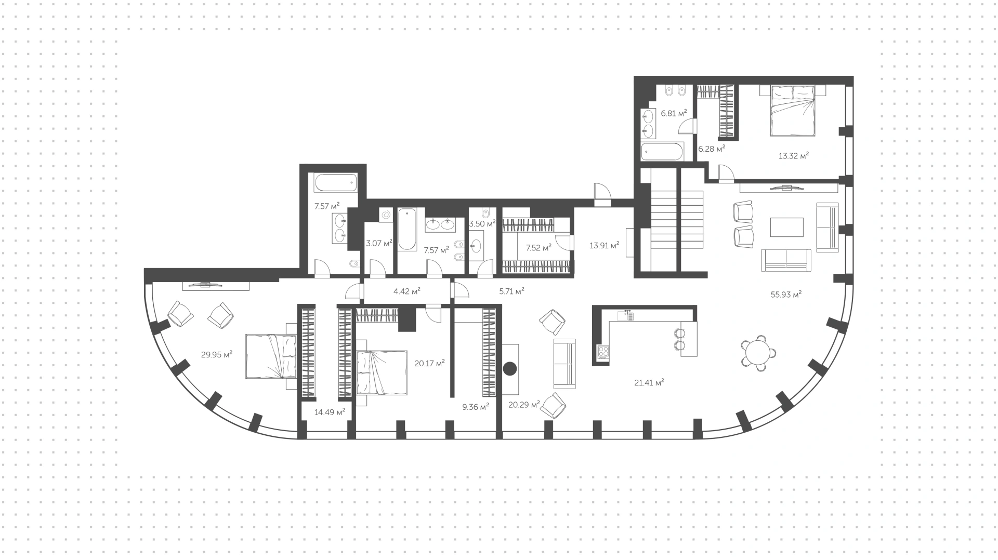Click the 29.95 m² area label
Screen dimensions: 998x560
point(216,355)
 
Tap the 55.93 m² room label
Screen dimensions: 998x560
point(786,294)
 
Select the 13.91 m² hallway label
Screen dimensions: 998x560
point(604,245)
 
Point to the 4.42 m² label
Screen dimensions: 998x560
point(407,291)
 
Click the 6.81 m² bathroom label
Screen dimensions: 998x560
point(674,112)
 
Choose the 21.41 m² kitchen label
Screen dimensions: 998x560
point(649,382)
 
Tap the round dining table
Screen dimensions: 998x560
point(759,353)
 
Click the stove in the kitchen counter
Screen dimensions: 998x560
point(603,352)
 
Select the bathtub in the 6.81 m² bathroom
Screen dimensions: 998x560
point(662,152)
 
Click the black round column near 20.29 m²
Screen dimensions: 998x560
point(510,368)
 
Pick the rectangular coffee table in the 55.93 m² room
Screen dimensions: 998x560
point(787,227)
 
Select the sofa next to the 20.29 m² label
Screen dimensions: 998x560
point(564,364)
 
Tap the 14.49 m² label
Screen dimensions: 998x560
point(330,412)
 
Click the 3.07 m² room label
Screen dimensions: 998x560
point(379,243)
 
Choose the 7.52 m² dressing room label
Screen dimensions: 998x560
point(539,248)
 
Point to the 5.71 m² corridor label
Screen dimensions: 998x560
point(512,291)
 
